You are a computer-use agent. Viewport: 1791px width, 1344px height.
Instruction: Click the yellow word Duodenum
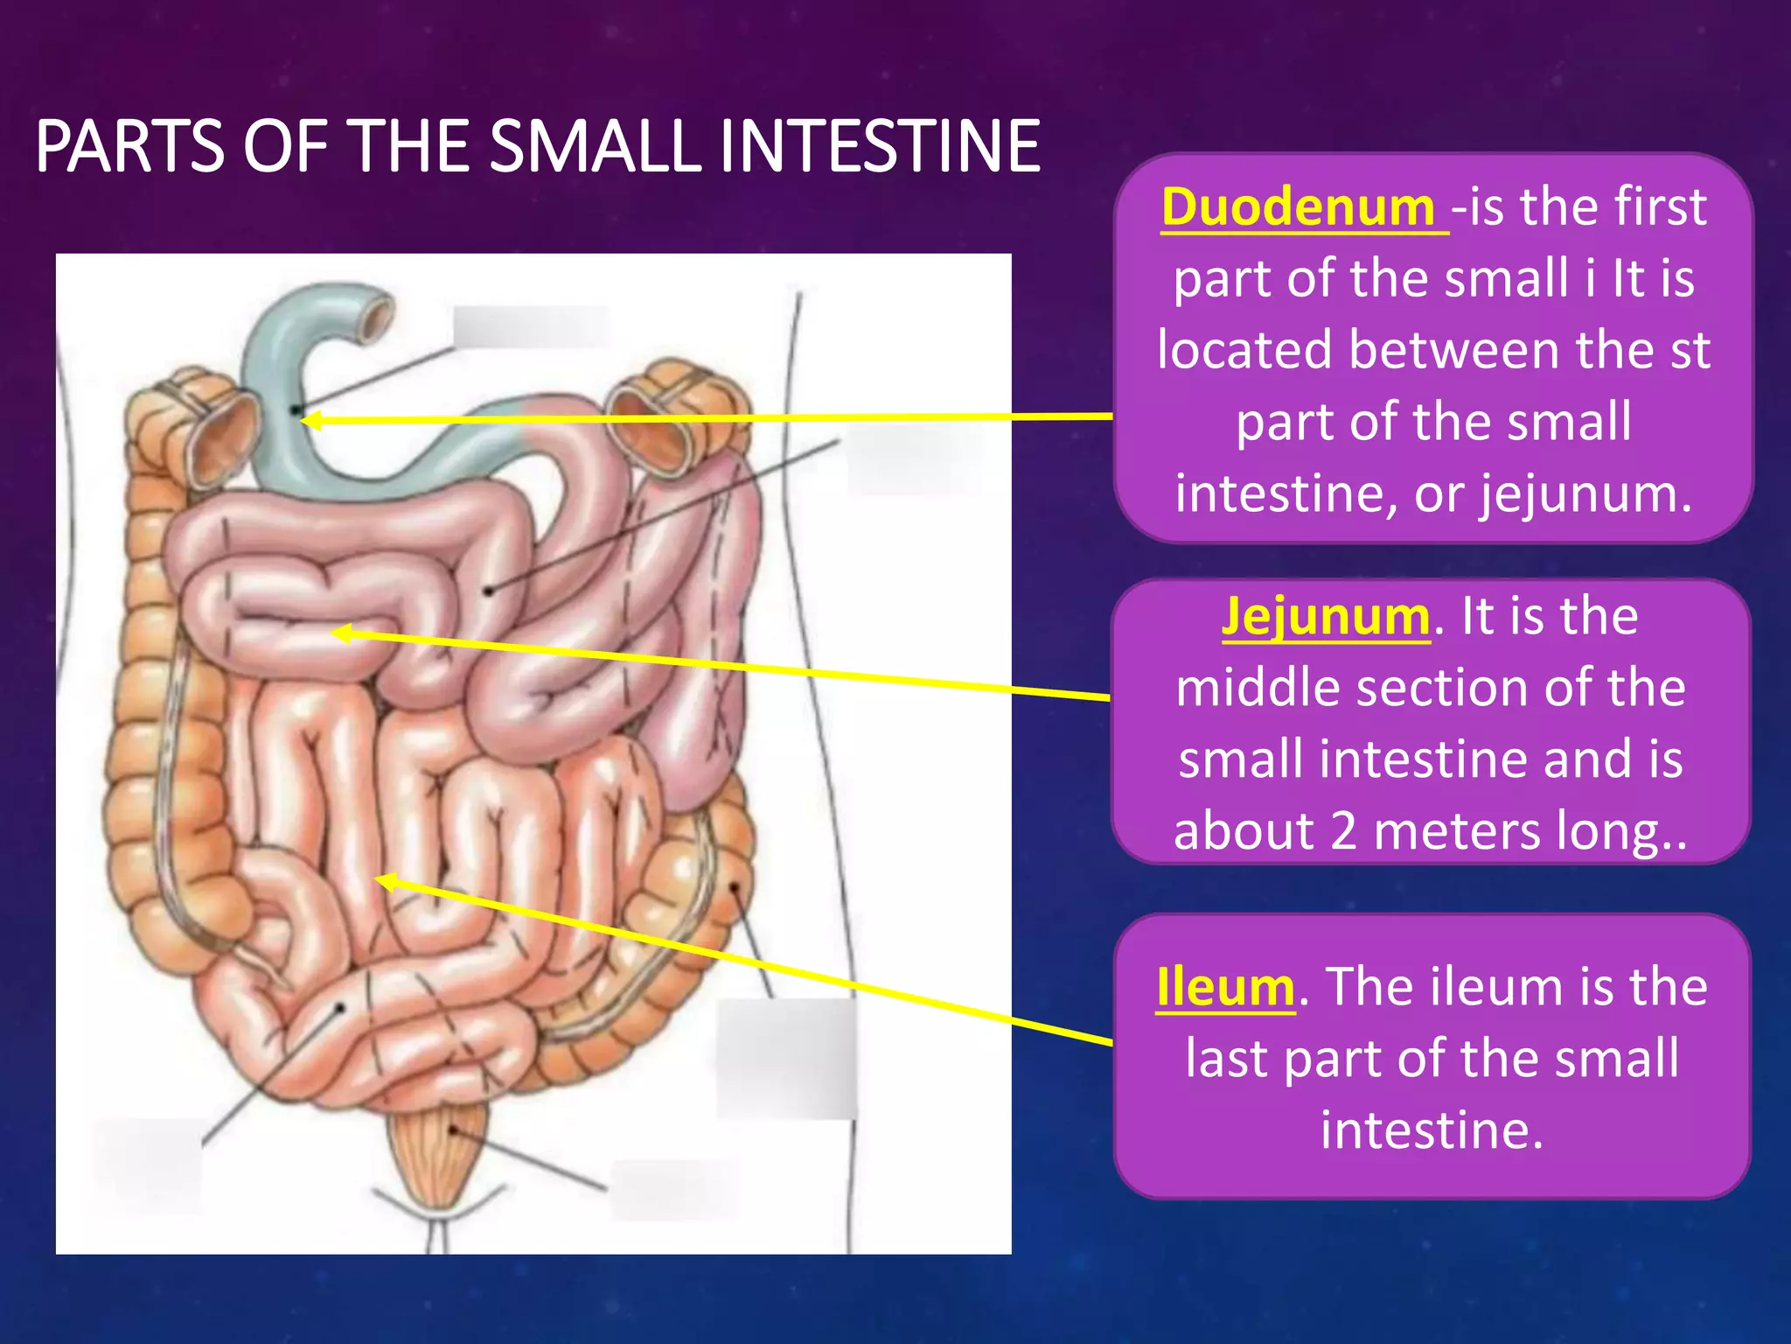point(1298,207)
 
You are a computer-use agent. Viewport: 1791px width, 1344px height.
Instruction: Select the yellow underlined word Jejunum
point(1325,616)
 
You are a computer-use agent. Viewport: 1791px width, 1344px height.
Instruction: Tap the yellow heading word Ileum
point(1224,987)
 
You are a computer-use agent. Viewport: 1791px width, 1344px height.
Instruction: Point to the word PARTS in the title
point(129,146)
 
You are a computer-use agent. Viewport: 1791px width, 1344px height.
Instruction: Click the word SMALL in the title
point(595,146)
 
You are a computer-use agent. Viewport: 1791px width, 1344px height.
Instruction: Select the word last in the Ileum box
point(1228,1059)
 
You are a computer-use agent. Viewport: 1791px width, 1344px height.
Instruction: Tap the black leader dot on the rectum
point(453,1130)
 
